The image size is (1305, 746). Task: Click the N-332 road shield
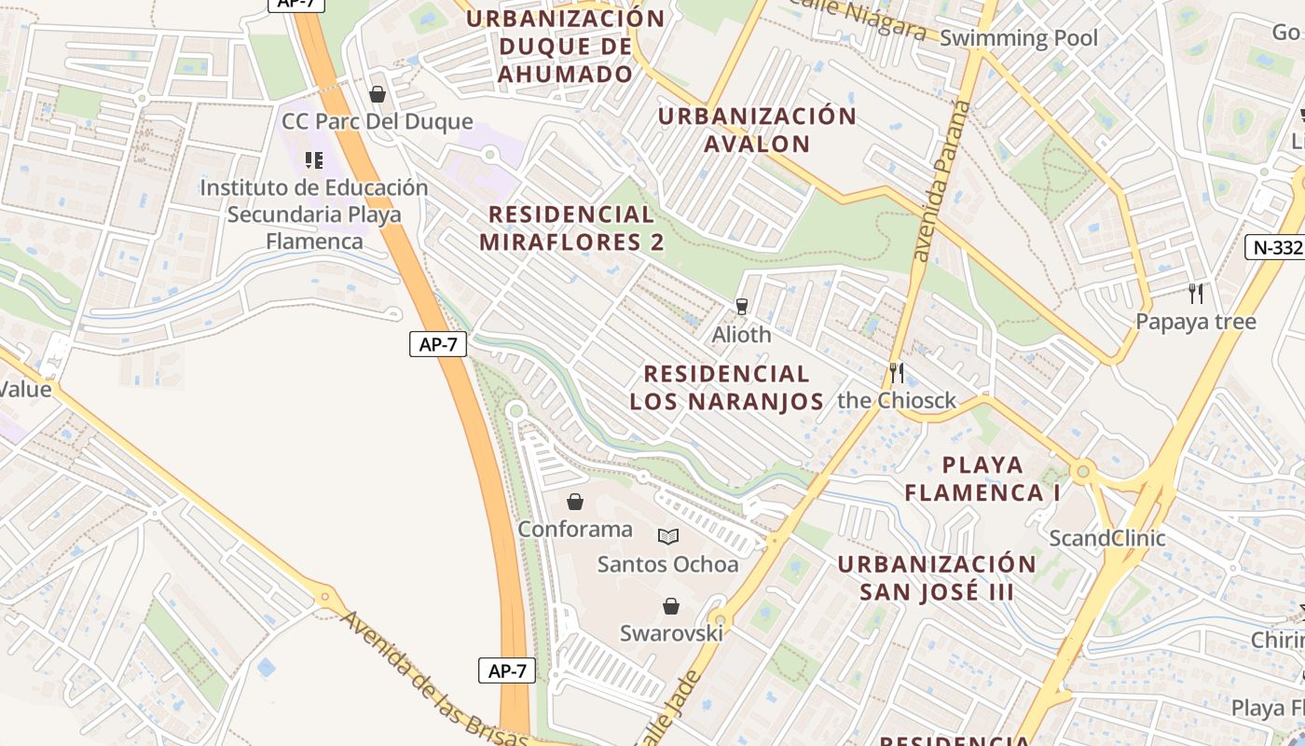(1274, 247)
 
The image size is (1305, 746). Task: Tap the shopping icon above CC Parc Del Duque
(378, 94)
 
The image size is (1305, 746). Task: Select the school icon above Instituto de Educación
(314, 160)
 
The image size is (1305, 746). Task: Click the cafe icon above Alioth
(742, 306)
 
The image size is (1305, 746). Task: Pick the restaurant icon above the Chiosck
(897, 373)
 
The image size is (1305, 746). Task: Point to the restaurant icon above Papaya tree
(1196, 294)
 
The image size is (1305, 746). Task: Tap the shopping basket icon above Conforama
(575, 502)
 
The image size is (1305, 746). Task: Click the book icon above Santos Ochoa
(667, 536)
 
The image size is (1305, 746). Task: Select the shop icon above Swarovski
(671, 606)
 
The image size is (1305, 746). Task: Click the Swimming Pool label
(1019, 38)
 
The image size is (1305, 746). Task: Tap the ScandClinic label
(1107, 538)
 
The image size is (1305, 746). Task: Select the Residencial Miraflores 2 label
(571, 228)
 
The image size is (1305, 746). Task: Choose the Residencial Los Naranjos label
(726, 388)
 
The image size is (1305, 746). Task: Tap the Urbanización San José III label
(936, 578)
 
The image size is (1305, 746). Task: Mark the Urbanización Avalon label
(757, 130)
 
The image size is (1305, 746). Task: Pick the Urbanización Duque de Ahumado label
(566, 46)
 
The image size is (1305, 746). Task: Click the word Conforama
(575, 530)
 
